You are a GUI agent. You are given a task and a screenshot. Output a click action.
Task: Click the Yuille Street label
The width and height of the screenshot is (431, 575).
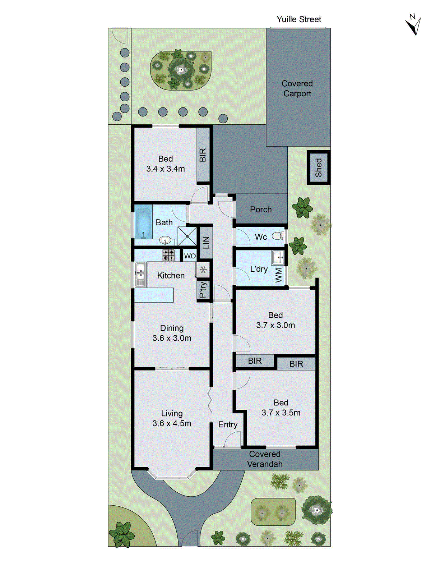click(299, 19)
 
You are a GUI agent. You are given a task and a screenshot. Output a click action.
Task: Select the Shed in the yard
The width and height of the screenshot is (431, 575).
click(319, 167)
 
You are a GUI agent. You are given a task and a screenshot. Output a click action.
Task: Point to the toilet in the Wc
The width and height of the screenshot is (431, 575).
click(278, 236)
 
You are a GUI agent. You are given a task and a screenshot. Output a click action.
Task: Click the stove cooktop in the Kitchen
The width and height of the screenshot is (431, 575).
click(168, 255)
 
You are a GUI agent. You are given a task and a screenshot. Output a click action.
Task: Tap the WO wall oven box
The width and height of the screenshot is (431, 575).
click(190, 256)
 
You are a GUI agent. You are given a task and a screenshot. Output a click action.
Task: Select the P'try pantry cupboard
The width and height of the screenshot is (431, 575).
click(203, 290)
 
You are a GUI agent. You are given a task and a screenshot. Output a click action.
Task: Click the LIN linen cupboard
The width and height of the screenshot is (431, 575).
click(206, 243)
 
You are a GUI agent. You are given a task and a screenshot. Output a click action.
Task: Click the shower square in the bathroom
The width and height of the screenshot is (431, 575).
click(187, 236)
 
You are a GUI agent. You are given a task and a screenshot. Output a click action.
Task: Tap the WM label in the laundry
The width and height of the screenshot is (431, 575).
click(279, 276)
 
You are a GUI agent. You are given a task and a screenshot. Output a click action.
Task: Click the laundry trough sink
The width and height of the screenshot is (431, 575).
click(278, 257)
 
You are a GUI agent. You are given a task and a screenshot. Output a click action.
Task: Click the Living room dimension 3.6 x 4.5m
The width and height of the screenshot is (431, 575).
click(172, 423)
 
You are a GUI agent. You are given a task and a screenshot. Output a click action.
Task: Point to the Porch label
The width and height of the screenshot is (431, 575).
click(261, 210)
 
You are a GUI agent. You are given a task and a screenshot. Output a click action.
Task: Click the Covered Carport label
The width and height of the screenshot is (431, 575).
click(297, 88)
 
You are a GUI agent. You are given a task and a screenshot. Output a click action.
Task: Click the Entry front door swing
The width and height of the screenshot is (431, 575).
click(233, 439)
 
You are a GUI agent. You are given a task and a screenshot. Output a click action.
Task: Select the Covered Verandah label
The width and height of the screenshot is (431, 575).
click(265, 459)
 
